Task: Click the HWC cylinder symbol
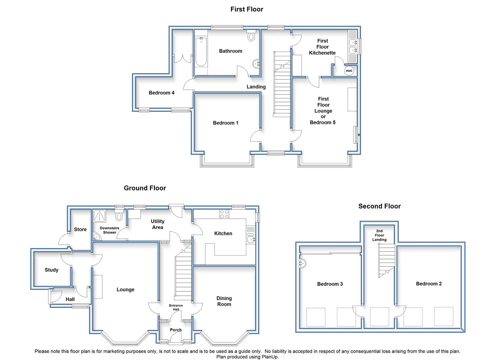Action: pyautogui.click(x=349, y=71)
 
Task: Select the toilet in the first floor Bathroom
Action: pyautogui.click(x=251, y=36)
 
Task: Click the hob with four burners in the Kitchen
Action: pyautogui.click(x=224, y=214)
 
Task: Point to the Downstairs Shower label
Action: pyautogui.click(x=109, y=230)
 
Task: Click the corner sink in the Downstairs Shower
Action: pyautogui.click(x=96, y=237)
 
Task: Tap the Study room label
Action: pyautogui.click(x=51, y=270)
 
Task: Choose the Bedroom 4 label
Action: pyautogui.click(x=161, y=93)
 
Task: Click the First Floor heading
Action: pyautogui.click(x=247, y=9)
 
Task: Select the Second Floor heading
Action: pyautogui.click(x=379, y=206)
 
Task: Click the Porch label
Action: pyautogui.click(x=176, y=330)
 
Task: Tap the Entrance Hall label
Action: pyautogui.click(x=176, y=307)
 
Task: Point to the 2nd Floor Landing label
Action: pyautogui.click(x=379, y=235)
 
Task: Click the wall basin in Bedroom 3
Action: pyautogui.click(x=302, y=263)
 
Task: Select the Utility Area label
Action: pyautogui.click(x=158, y=224)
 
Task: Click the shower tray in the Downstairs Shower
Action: pyautogui.click(x=100, y=216)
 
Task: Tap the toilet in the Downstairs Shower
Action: pyautogui.click(x=119, y=215)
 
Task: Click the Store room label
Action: pyautogui.click(x=80, y=229)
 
